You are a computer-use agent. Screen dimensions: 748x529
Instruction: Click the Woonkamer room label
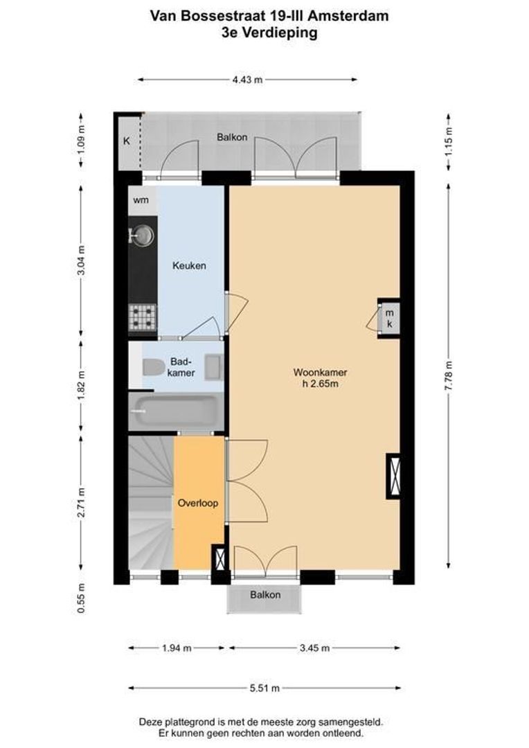pos(319,373)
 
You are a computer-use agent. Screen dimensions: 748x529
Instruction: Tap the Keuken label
pos(189,266)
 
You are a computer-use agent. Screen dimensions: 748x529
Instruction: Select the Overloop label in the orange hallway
pos(198,503)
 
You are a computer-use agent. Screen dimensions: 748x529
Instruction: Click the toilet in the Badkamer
pos(152,368)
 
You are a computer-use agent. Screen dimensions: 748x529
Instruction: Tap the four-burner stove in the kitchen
pos(143,318)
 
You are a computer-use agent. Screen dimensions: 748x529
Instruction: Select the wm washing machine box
pos(141,201)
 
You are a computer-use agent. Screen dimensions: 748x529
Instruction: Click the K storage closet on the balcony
pos(127,142)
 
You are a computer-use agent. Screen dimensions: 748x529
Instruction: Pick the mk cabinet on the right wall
pos(389,318)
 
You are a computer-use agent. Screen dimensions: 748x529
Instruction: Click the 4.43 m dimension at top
pos(247,80)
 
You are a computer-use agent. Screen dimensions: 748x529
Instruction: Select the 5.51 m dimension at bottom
pos(264,688)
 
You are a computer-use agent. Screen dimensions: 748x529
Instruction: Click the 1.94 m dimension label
pos(176,648)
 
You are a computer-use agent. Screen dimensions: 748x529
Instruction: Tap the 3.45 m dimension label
pos(314,648)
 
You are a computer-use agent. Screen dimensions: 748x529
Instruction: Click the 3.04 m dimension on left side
pos(81,261)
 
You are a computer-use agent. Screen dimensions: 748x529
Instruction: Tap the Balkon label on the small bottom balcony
pos(265,595)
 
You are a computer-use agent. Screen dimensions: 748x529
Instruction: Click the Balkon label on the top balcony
pos(232,137)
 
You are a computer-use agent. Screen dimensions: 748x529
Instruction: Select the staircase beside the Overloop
pos(150,503)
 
